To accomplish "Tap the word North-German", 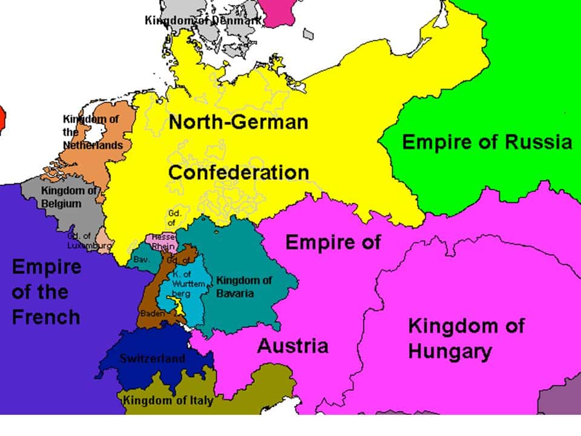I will click(238, 122).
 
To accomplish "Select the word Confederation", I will click(238, 172).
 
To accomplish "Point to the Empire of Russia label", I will click(487, 142).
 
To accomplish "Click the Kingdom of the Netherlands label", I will click(92, 132).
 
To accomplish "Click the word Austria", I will click(293, 346).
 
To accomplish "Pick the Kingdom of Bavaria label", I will click(244, 286).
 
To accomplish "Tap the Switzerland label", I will click(152, 358).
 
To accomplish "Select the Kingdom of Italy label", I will click(168, 400).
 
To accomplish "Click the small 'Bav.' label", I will click(141, 259).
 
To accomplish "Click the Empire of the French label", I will click(46, 292).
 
